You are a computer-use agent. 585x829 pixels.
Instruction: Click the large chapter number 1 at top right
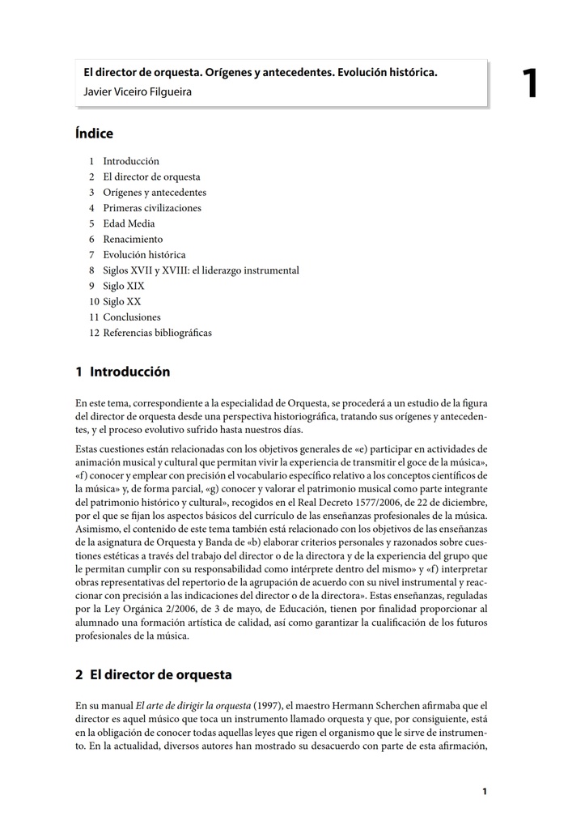(529, 83)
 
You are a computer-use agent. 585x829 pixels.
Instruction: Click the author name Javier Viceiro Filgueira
(138, 91)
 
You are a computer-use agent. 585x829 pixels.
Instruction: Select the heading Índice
(95, 134)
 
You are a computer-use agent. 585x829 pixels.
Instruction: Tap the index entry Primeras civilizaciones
(152, 208)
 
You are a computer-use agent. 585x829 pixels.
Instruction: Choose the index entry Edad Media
(129, 223)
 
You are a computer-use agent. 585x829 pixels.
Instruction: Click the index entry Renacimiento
(133, 239)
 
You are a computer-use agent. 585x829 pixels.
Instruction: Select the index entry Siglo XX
(121, 301)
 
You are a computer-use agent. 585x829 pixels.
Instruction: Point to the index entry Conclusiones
(132, 317)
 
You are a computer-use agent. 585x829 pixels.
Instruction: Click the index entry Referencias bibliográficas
(157, 333)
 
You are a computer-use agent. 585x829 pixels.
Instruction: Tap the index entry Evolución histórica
(144, 255)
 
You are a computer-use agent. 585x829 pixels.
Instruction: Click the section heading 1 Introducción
(123, 372)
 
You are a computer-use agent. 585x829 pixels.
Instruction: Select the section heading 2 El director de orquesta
(154, 674)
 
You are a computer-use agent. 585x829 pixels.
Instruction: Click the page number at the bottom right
(485, 791)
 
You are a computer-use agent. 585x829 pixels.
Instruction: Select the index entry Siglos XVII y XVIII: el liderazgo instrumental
(201, 270)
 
